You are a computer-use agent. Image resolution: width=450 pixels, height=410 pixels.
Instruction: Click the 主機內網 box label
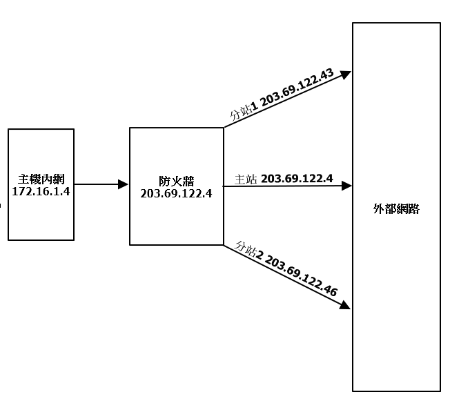click(41, 178)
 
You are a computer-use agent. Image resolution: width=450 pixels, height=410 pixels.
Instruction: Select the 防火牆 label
click(176, 182)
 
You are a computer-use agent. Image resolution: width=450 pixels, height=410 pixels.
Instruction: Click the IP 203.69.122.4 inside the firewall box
click(176, 193)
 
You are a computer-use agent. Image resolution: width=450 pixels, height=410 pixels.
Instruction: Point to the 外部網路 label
click(396, 209)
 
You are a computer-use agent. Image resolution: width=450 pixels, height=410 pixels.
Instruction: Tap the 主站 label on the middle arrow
click(246, 179)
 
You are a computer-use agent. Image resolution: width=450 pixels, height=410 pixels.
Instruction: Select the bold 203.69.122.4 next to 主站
click(297, 179)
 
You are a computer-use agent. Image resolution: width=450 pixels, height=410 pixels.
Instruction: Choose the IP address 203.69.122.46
click(301, 277)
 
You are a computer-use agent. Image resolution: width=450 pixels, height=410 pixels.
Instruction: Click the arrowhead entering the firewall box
click(124, 184)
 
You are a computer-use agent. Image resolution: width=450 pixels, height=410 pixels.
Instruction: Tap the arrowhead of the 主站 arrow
click(348, 186)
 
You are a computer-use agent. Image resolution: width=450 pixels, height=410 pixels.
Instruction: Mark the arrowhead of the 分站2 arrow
click(346, 306)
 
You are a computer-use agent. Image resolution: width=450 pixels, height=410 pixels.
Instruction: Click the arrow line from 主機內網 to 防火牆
click(97, 184)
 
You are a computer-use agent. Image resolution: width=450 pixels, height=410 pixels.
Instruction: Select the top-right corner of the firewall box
click(224, 128)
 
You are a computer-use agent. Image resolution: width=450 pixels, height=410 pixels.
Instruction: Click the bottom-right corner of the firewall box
click(224, 245)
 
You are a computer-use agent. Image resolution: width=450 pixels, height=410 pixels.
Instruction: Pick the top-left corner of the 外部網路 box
click(353, 23)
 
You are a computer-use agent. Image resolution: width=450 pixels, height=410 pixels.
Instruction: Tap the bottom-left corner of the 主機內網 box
click(8, 240)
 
